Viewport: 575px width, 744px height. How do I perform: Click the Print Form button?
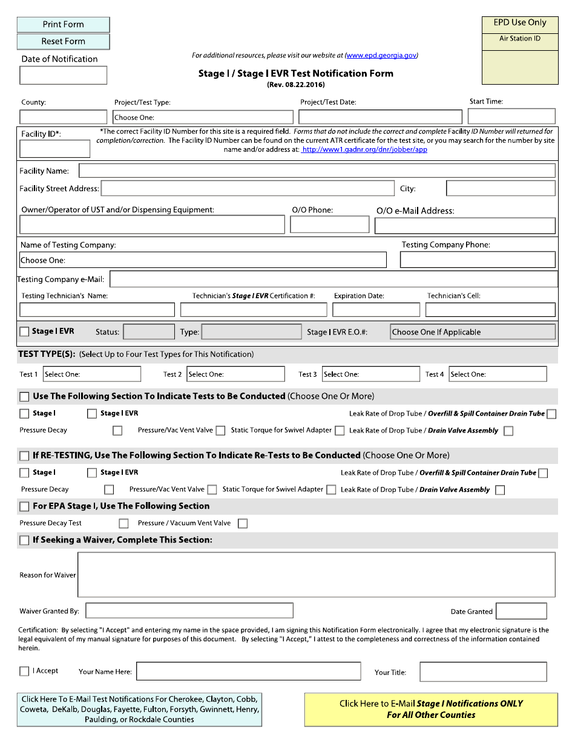63,25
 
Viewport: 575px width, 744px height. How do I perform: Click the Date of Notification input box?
63,76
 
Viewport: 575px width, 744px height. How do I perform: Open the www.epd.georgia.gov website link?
381,56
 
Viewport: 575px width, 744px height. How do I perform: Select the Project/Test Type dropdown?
203,117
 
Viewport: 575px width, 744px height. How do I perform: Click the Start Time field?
511,116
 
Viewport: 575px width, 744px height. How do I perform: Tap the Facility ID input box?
54,149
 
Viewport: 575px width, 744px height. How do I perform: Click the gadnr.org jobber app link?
364,149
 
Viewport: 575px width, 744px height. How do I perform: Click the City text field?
500,189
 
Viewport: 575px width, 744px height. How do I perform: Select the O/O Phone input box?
329,225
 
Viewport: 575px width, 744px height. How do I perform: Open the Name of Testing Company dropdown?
203,260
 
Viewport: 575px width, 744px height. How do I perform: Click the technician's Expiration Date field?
376,310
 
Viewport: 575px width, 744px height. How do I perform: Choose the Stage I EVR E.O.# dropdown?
472,332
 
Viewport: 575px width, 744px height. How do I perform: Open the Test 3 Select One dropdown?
367,374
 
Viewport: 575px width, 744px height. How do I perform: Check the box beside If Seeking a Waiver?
24,540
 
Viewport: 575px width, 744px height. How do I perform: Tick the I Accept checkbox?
24,671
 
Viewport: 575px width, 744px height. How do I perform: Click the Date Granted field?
521,611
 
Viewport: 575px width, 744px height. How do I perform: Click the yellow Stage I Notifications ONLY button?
431,710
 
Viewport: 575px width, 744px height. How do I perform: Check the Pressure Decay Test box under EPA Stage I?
123,524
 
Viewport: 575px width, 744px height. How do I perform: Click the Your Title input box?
482,672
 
